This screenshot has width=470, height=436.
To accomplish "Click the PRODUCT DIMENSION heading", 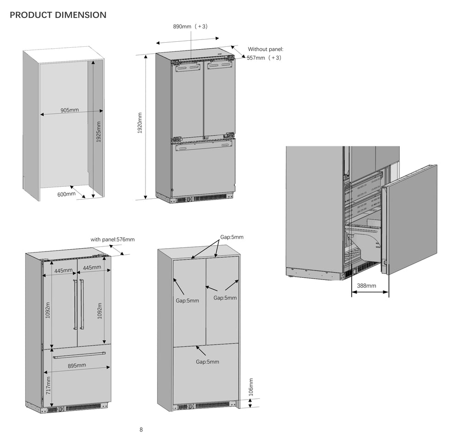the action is tap(58, 15).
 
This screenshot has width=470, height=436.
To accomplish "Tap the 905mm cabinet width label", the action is tap(70, 110).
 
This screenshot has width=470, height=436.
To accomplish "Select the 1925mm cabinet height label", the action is tap(98, 132).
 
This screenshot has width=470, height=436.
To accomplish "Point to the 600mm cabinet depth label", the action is tap(66, 194).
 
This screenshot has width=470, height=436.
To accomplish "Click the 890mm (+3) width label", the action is tap(190, 26).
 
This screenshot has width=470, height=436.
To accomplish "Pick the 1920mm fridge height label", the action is tap(140, 123).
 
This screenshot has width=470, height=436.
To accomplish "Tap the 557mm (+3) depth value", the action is tap(264, 58).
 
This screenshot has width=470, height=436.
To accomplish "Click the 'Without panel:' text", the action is tap(265, 49).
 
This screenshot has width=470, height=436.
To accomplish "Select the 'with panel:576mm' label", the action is tap(112, 240).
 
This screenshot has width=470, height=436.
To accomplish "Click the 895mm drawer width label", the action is tap(77, 366).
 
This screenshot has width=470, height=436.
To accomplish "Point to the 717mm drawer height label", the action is tap(48, 386).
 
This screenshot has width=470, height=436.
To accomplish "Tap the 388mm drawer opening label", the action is tap(366, 285).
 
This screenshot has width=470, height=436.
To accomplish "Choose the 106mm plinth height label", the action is tap(251, 387).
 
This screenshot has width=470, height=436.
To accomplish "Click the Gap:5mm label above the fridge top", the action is tap(232, 237).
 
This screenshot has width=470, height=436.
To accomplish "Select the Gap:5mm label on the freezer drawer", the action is tap(207, 362).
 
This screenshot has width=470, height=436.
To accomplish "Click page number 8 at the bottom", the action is tap(141, 430).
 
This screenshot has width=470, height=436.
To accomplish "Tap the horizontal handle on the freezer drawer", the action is tap(79, 355).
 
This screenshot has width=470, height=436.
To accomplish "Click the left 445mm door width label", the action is tap(63, 271).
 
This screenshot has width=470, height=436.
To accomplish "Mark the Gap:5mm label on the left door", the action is tap(187, 301).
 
